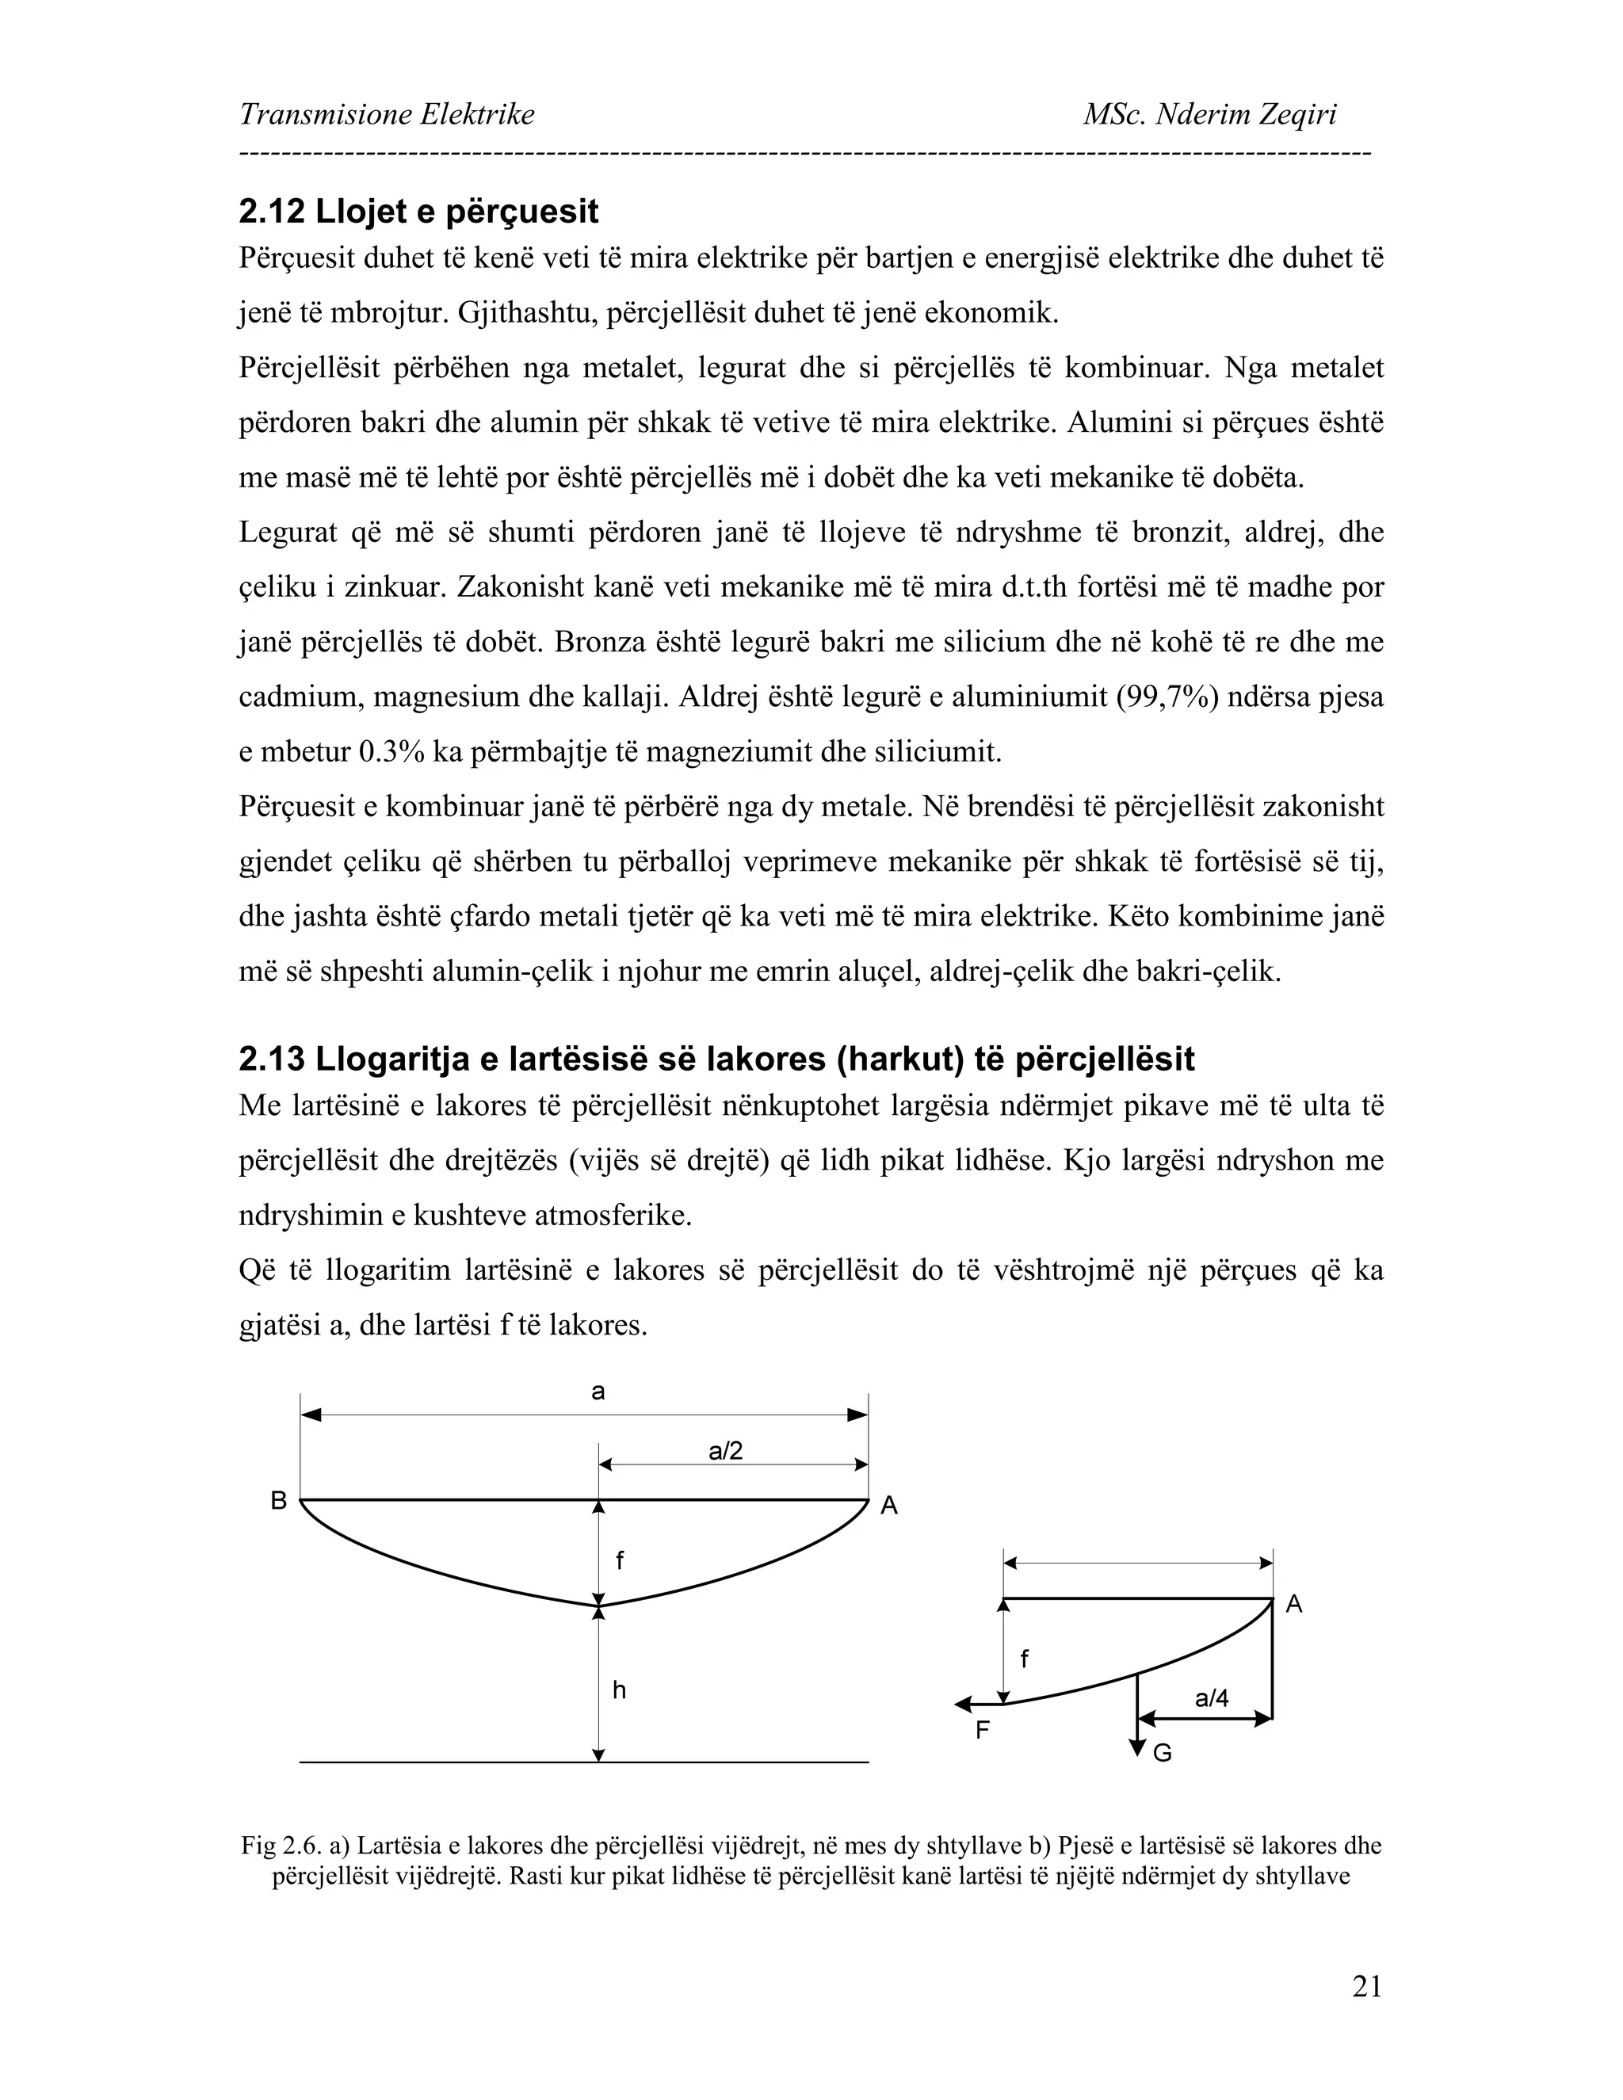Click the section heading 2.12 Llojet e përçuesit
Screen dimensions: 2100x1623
coord(418,212)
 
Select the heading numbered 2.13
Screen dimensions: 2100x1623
coord(716,1059)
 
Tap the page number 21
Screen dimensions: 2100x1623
coord(1366,1986)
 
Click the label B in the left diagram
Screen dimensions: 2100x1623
coord(279,1501)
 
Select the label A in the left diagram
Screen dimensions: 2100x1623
coord(889,1506)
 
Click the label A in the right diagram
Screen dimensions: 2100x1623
coord(1294,1604)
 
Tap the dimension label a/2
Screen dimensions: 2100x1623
coord(726,1451)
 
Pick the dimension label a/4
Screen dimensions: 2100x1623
coord(1212,1698)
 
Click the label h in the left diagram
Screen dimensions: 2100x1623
coord(619,1690)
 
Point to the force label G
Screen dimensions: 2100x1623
coord(1163,1754)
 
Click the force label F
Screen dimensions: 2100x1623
coord(983,1731)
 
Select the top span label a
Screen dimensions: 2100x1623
coord(598,1392)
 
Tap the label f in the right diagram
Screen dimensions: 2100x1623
coord(1024,1659)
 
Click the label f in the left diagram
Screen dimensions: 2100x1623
coord(619,1562)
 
